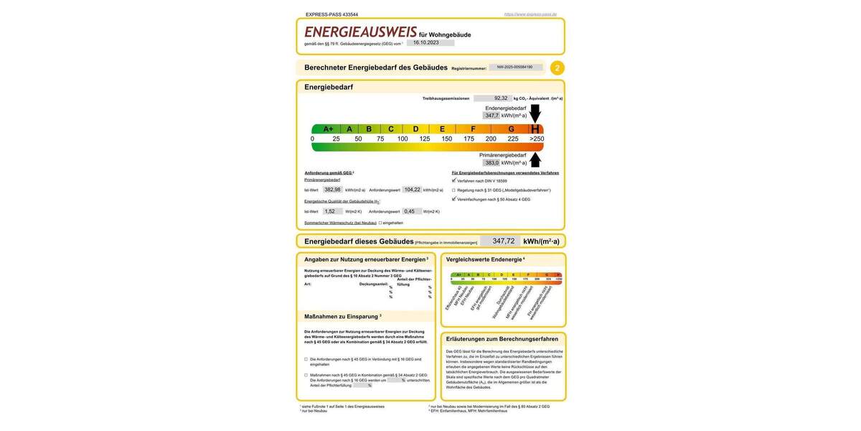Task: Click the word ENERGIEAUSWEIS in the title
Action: coord(360,32)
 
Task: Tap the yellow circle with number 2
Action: coord(557,68)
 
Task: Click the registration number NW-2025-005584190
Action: coord(515,68)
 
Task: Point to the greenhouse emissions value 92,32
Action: coord(501,98)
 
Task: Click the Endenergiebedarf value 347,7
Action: coord(491,116)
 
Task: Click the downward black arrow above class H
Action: coord(535,113)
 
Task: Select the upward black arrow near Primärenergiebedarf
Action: coord(535,159)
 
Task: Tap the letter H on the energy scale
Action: coord(535,129)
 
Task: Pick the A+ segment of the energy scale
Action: coord(327,129)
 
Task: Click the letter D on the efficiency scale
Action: coord(415,129)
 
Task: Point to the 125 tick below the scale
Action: coord(425,139)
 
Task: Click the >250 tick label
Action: coord(536,139)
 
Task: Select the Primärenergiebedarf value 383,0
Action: coord(491,163)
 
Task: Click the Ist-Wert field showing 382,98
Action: coord(332,190)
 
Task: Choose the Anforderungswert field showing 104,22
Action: coord(412,190)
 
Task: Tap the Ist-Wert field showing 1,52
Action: coord(330,212)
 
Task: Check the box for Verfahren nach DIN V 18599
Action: coord(453,181)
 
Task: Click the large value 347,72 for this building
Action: coord(500,241)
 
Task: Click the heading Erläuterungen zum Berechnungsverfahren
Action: coord(502,338)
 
